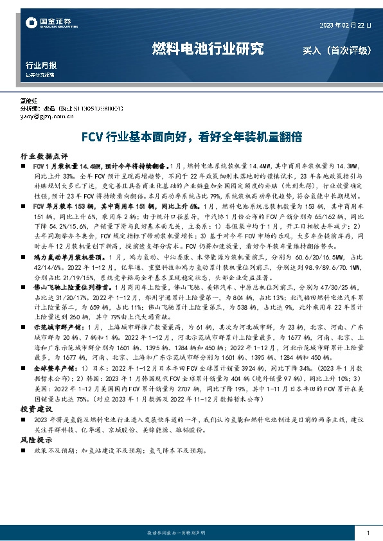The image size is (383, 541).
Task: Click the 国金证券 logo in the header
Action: (44, 24)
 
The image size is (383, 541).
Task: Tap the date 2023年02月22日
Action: (345, 25)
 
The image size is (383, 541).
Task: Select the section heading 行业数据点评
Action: (44, 156)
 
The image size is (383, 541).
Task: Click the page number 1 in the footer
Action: (367, 533)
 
